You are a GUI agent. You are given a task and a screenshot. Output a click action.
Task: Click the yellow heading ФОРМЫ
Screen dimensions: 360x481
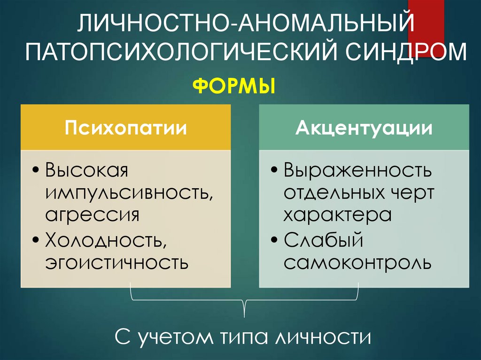click(x=234, y=87)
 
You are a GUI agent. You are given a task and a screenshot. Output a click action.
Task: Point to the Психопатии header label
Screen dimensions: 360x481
click(x=125, y=128)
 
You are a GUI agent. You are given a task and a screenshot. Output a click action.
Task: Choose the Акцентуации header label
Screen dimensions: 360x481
click(x=364, y=128)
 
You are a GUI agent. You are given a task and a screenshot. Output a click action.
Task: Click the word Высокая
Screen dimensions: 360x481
click(x=86, y=170)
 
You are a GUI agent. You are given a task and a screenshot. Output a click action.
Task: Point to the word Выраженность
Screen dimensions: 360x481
click(x=357, y=170)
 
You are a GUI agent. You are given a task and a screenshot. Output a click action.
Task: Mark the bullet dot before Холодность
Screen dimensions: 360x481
click(x=37, y=240)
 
